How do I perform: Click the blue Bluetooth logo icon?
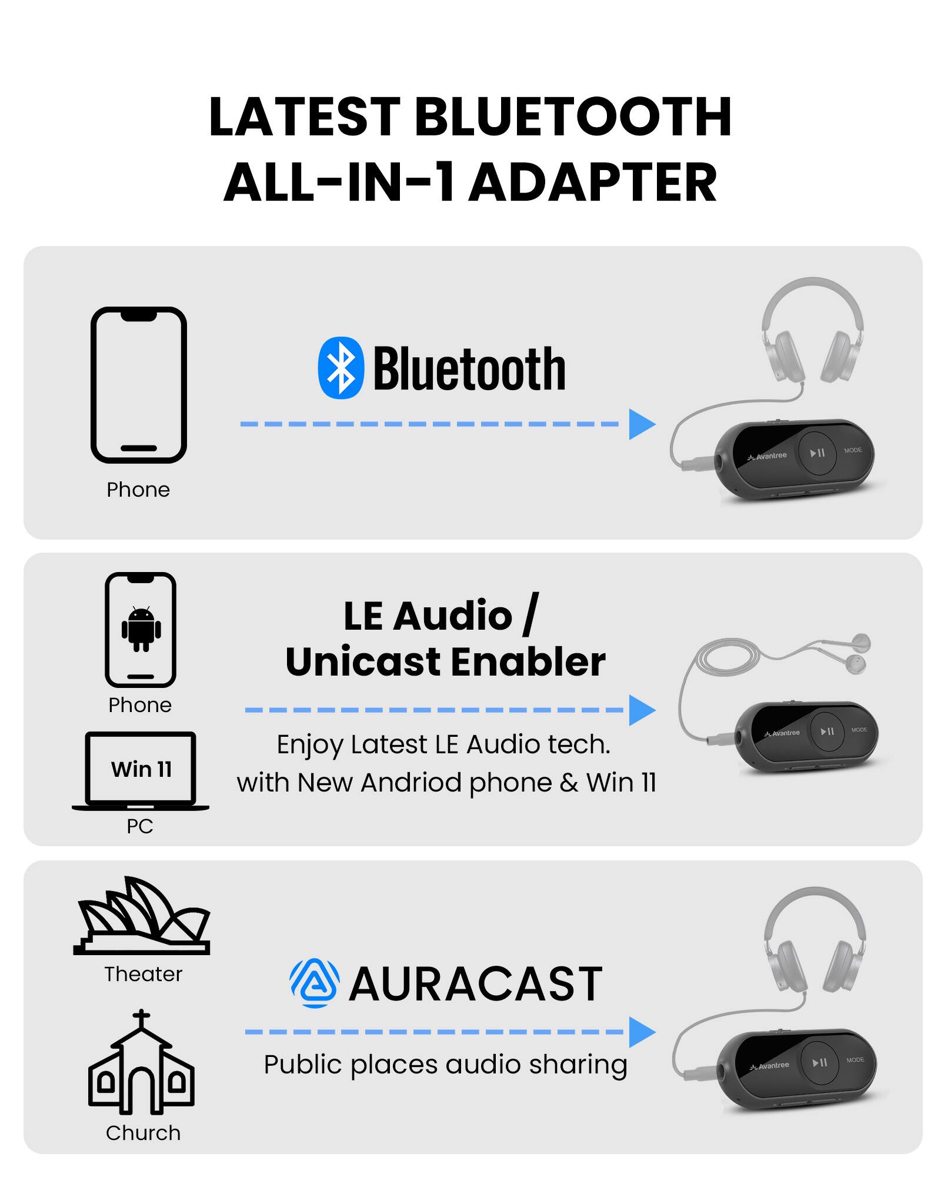[x=341, y=368]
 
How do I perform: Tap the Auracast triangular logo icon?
[x=315, y=983]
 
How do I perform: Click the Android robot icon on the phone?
[x=141, y=629]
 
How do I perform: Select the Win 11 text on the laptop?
[x=141, y=769]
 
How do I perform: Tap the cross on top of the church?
[x=141, y=1017]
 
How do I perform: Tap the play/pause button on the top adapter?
[x=817, y=453]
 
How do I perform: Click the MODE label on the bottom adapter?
[x=855, y=1059]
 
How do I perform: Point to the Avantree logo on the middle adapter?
[x=782, y=733]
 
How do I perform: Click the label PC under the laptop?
[x=140, y=826]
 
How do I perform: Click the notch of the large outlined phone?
[x=139, y=316]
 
